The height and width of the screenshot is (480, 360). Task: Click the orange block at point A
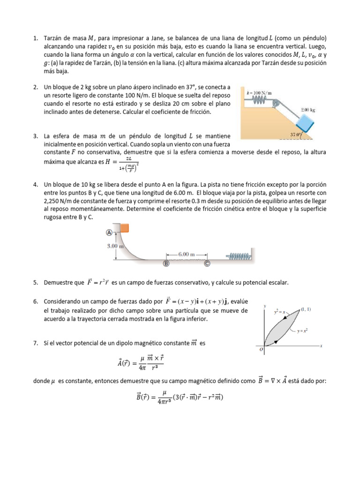[124, 228]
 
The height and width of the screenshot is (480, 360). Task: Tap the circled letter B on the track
[165, 263]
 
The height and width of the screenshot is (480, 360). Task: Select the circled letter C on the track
[207, 263]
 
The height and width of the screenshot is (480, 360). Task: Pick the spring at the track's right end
[240, 256]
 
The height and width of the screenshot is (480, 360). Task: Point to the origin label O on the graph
[262, 349]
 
